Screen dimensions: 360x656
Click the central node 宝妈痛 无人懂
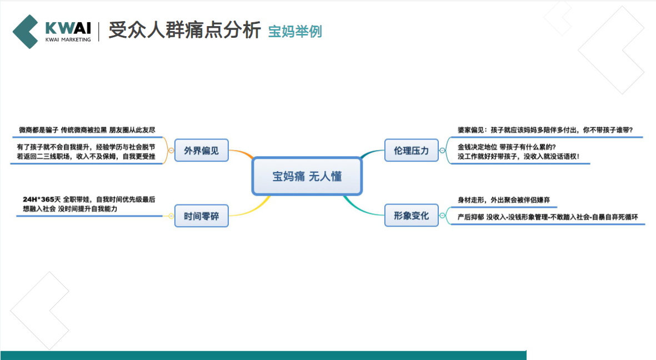point(307,177)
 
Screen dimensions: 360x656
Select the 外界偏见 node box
point(201,150)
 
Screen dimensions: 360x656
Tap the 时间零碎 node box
point(201,216)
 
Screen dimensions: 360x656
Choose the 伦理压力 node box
point(412,151)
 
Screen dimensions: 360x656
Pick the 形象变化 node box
point(412,215)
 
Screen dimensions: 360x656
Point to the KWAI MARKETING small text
point(68,40)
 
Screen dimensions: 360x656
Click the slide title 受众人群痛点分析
point(184,31)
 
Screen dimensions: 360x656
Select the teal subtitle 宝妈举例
point(295,31)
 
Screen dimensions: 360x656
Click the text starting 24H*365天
point(89,199)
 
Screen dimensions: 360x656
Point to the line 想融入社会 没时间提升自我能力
point(70,208)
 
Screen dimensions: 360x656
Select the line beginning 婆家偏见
point(545,130)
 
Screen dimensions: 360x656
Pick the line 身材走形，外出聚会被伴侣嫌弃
point(503,199)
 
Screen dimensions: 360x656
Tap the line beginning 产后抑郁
point(547,217)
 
